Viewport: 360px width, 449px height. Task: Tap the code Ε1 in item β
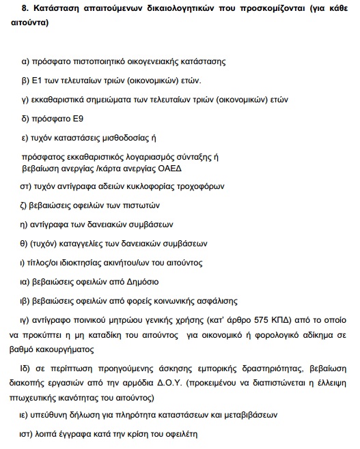(x=38, y=81)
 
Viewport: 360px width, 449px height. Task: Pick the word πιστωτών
(x=139, y=205)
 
